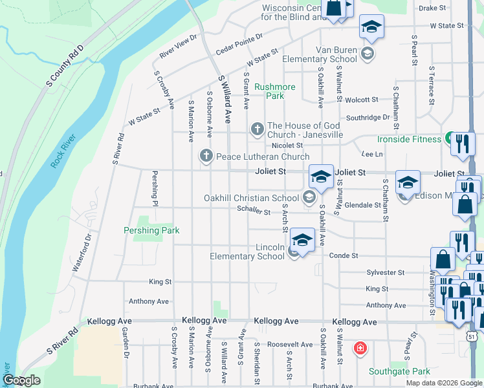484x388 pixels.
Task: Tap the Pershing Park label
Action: (151, 230)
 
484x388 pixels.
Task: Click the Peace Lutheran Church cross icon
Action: (206, 156)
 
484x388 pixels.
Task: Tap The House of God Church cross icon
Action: (257, 130)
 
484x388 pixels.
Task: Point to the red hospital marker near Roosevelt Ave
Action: (360, 349)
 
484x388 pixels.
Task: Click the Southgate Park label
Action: (399, 371)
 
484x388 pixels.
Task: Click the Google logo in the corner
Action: (21, 380)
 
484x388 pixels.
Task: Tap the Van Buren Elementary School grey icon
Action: (368, 53)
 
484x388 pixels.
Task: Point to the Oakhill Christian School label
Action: (252, 197)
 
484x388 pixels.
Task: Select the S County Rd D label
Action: (65, 67)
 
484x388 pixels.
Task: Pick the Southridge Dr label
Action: (368, 118)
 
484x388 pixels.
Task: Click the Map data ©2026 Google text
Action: (444, 383)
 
